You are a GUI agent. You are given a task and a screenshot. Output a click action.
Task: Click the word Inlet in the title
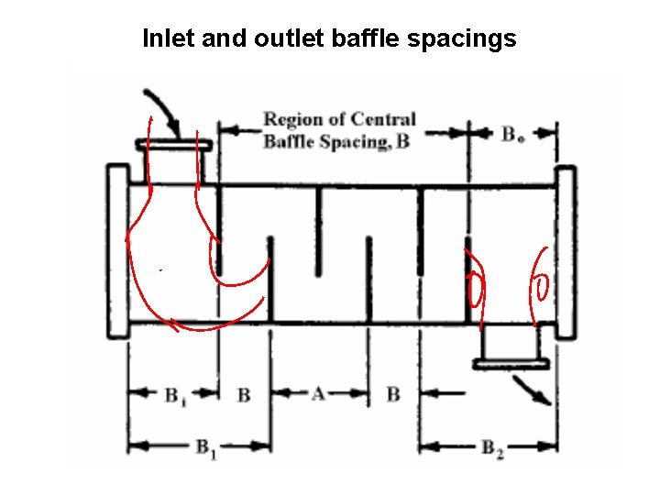[x=166, y=39]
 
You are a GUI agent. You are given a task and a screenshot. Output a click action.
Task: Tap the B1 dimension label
[x=205, y=448]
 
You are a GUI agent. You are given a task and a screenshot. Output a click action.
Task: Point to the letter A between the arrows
[x=318, y=394]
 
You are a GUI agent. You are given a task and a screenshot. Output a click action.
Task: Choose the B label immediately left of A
[x=243, y=395]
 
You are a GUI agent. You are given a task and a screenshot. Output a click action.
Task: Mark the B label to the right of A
[x=392, y=395]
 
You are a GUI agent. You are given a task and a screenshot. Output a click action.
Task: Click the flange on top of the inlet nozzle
[x=173, y=145]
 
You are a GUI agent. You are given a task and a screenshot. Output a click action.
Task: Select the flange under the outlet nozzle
[x=511, y=364]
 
